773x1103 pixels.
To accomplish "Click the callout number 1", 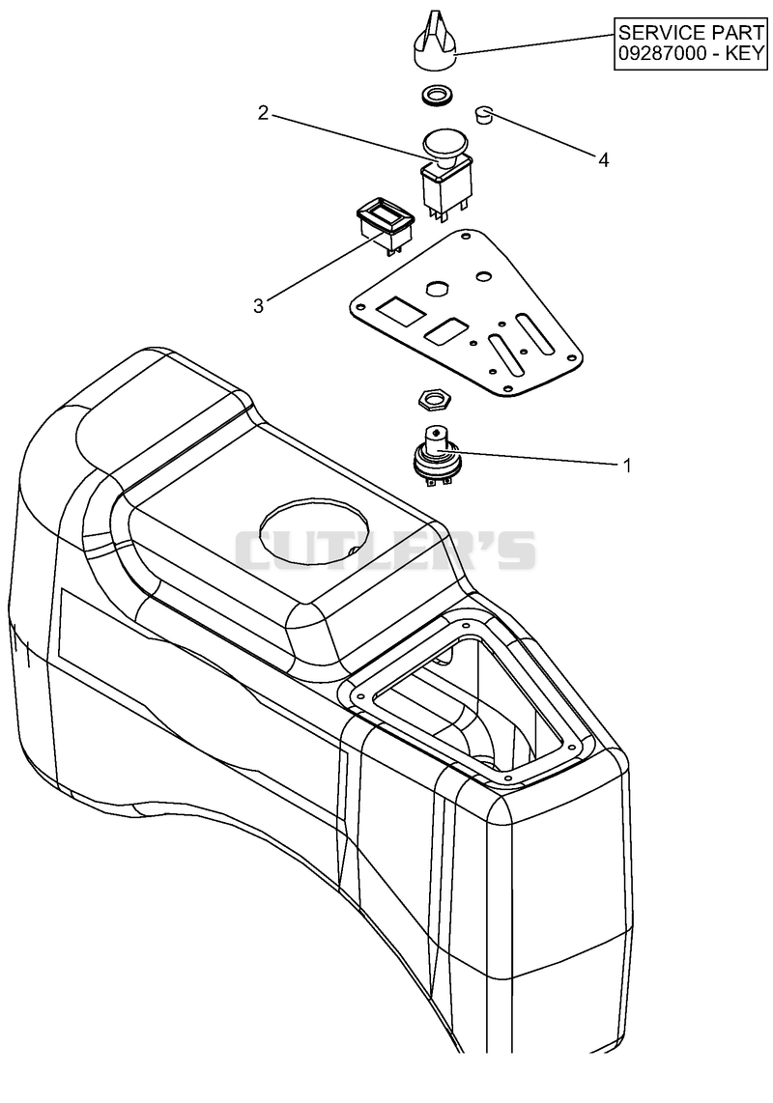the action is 626,465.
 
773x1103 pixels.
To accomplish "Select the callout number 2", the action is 263,113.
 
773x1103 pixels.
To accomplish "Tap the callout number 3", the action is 258,306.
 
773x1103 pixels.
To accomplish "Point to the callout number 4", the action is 603,160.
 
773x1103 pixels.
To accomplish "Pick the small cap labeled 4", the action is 484,114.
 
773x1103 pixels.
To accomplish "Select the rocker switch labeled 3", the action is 386,224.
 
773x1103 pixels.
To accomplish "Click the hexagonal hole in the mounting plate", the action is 437,288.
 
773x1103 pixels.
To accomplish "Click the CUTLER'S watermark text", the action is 385,550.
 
